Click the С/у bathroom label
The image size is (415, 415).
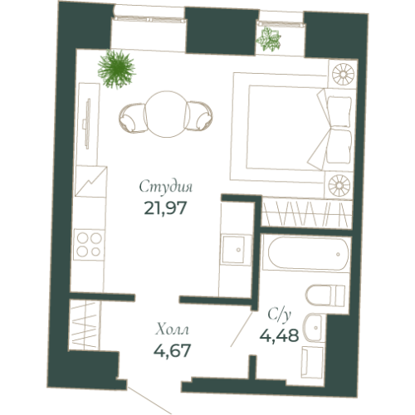[280, 315]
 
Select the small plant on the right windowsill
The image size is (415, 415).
[269, 38]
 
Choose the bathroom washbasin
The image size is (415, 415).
[316, 329]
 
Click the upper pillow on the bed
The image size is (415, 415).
[338, 107]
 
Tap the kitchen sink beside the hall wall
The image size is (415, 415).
[235, 248]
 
